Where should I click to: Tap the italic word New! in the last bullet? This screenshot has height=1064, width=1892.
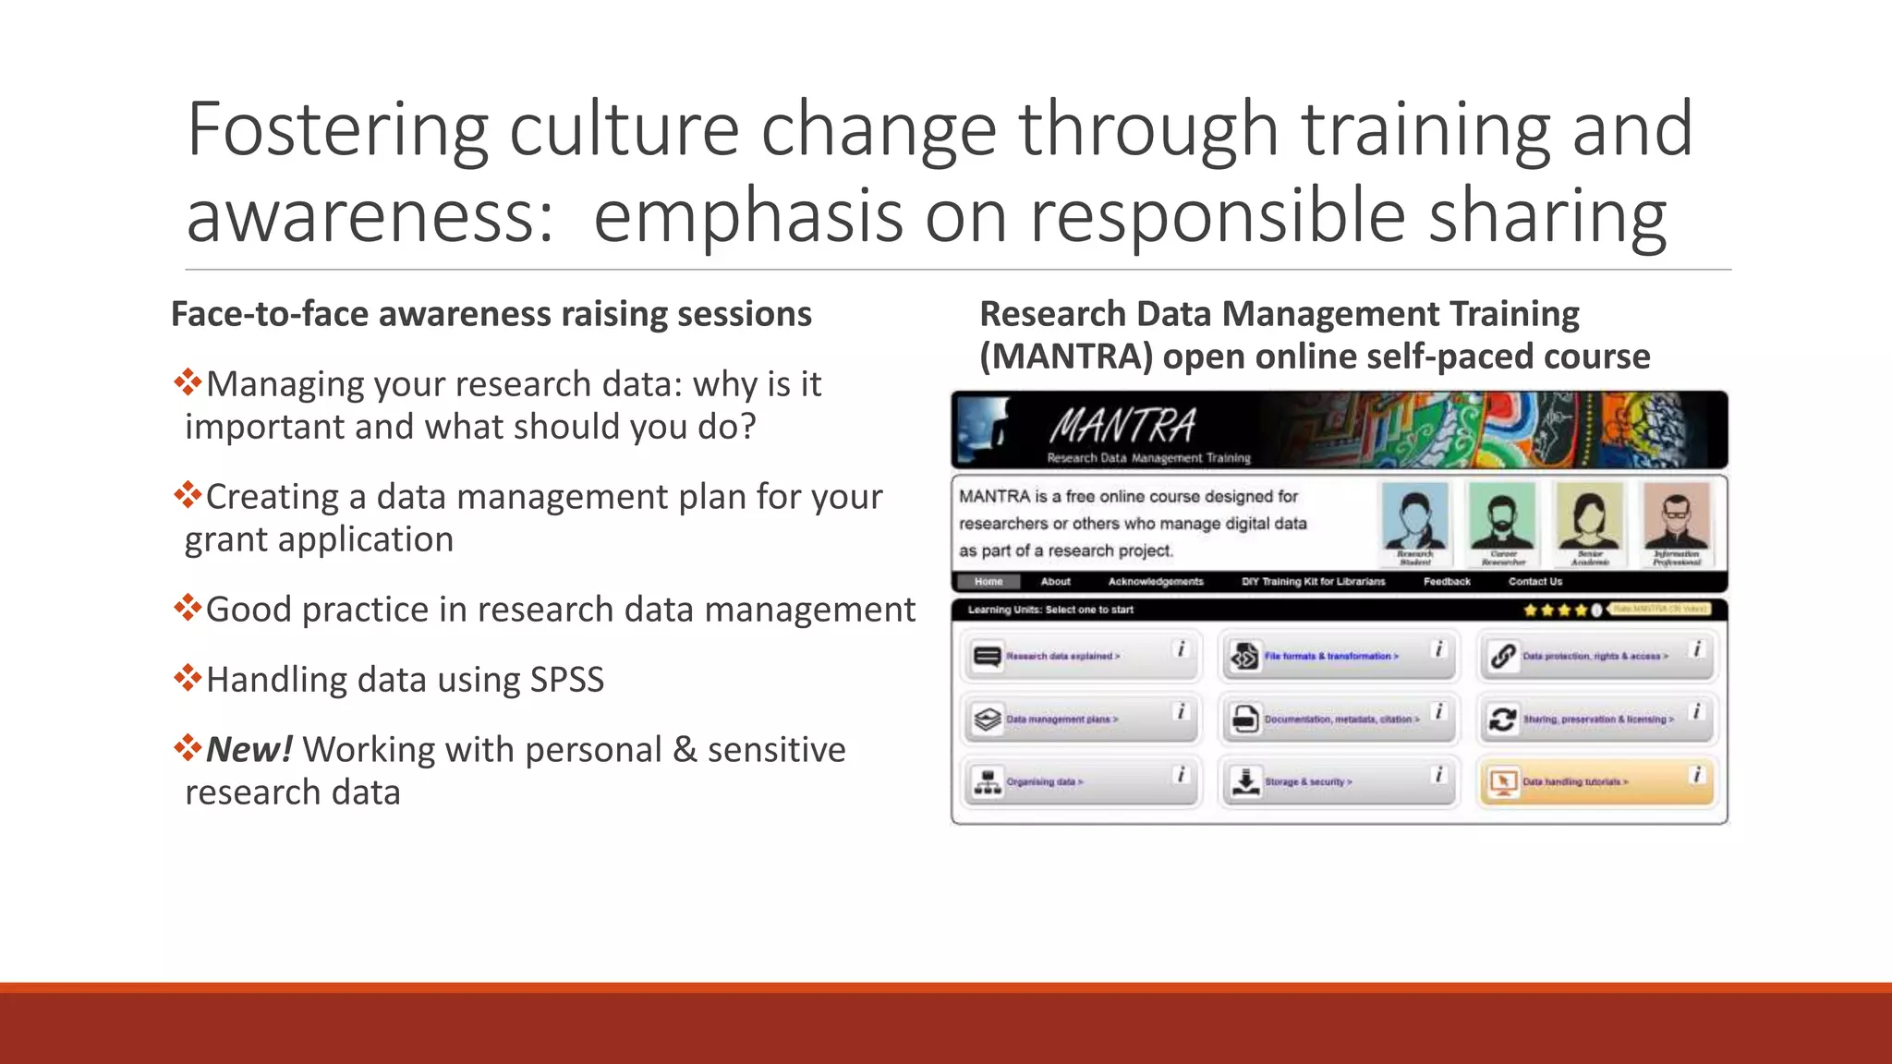pyautogui.click(x=249, y=749)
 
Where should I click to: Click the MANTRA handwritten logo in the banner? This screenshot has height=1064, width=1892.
pyautogui.click(x=1122, y=427)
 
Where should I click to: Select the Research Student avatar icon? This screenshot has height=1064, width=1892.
pyautogui.click(x=1414, y=521)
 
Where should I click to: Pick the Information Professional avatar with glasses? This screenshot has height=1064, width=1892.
pyautogui.click(x=1676, y=521)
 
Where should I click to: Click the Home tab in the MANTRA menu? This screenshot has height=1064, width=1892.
pyautogui.click(x=988, y=582)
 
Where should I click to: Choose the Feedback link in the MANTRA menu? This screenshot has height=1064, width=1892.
pyautogui.click(x=1447, y=582)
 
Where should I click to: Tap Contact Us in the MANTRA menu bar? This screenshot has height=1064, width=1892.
pyautogui.click(x=1535, y=582)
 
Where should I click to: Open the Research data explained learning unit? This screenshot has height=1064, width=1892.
pyautogui.click(x=1062, y=656)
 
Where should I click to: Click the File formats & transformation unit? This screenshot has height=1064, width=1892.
pyautogui.click(x=1330, y=656)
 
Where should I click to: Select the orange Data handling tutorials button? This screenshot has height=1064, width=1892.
pyautogui.click(x=1575, y=781)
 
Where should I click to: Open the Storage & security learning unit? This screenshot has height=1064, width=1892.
pyautogui.click(x=1307, y=781)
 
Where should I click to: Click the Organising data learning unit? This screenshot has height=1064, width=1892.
pyautogui.click(x=1044, y=781)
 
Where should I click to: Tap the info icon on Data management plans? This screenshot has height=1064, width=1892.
pyautogui.click(x=1180, y=712)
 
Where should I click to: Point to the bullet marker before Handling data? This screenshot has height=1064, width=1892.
pyautogui.click(x=188, y=679)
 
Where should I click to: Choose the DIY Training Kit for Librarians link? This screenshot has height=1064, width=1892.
pyautogui.click(x=1313, y=582)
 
